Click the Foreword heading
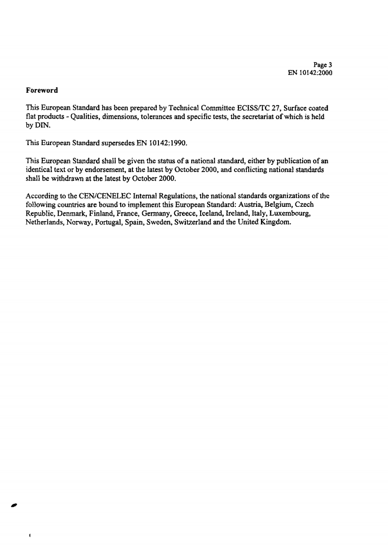pos(42,90)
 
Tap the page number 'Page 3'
pos(324,65)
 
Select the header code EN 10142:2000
pos(311,73)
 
